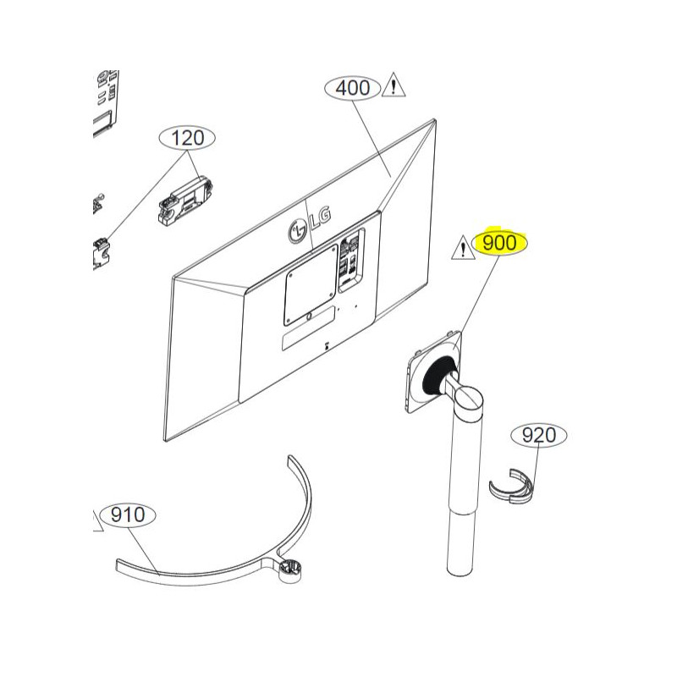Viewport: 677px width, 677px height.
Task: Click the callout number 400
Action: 353,87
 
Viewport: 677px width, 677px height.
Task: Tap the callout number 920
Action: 538,436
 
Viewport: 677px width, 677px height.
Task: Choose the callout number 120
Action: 188,137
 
